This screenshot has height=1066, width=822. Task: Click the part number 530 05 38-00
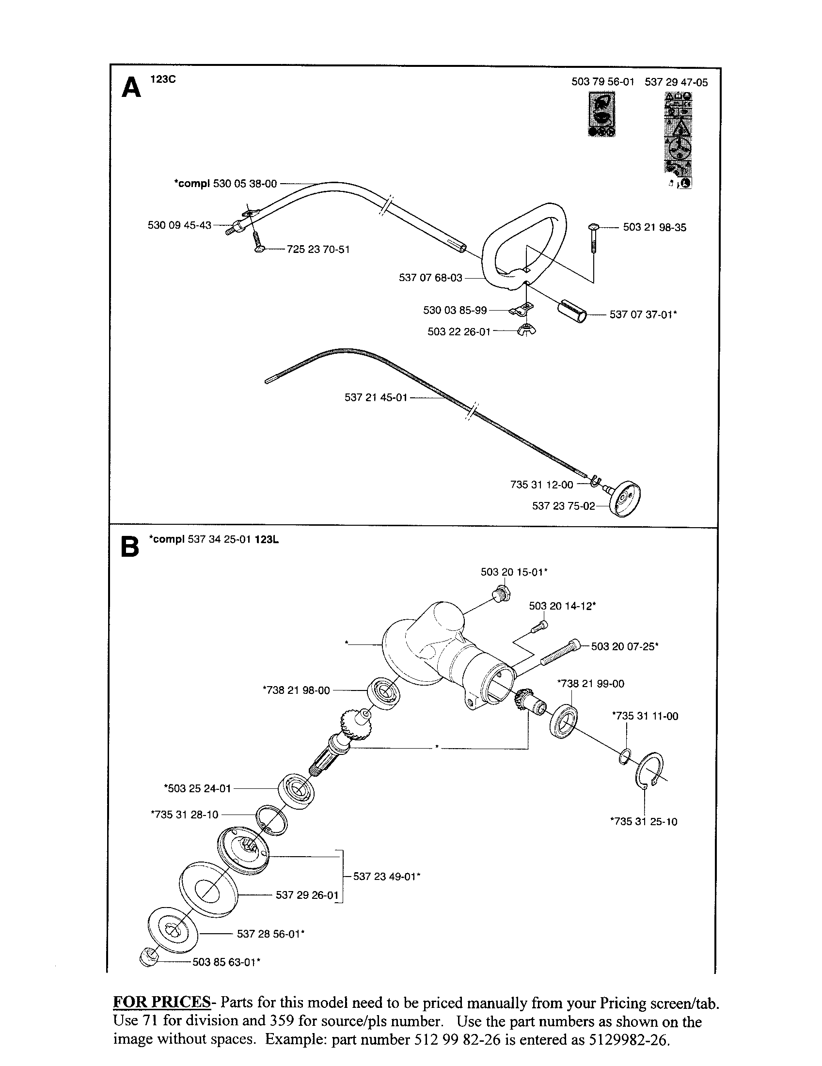[245, 184]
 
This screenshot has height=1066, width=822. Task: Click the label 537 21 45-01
[376, 398]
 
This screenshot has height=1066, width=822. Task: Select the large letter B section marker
[130, 548]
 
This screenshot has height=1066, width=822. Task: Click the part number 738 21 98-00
[297, 690]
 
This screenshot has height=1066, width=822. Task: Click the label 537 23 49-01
[387, 876]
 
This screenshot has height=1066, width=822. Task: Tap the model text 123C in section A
[162, 79]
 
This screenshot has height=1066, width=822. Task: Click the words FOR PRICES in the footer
[161, 1003]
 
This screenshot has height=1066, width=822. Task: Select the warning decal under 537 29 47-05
[678, 139]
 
